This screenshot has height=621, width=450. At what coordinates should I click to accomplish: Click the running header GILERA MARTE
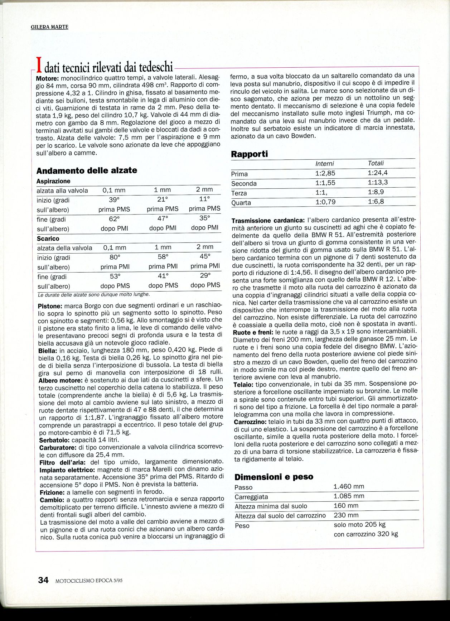[x=49, y=27]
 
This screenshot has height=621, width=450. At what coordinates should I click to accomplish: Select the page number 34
[x=43, y=580]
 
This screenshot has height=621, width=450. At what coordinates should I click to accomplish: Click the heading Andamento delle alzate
[x=87, y=170]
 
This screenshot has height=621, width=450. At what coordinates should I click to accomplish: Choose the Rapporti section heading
[x=249, y=154]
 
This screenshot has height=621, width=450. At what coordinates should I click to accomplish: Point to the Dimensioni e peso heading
[x=274, y=477]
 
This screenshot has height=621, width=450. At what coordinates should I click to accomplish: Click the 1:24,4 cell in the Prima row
[x=378, y=173]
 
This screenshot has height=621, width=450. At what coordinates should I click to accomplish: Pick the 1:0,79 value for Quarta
[x=325, y=202]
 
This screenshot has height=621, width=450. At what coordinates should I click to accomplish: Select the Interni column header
[x=324, y=164]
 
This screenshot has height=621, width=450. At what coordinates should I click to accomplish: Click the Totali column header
[x=376, y=163]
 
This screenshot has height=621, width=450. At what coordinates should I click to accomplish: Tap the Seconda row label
[x=244, y=183]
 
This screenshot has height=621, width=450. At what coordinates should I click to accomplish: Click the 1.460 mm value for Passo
[x=349, y=486]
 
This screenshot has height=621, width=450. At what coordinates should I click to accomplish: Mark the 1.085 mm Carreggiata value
[x=349, y=496]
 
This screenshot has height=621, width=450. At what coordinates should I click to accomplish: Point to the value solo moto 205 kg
[x=359, y=525]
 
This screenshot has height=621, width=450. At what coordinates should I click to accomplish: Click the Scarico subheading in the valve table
[x=48, y=239]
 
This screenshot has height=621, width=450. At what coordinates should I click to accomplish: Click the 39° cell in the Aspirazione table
[x=114, y=200]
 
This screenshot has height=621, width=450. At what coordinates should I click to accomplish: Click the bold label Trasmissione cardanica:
[x=268, y=220]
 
